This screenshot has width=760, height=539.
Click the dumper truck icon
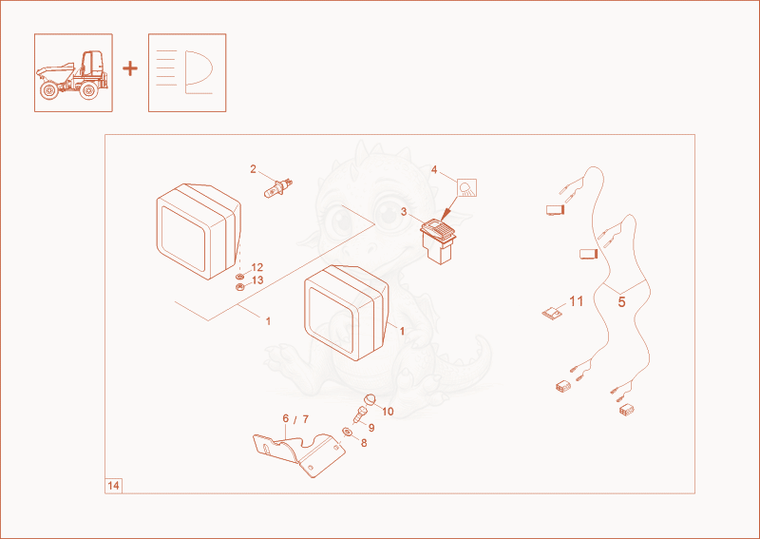[73, 73]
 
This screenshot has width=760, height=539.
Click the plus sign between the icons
[130, 68]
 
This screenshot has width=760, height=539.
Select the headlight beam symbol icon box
[187, 73]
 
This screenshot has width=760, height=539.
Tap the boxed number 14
[113, 486]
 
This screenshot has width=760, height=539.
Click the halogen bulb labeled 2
[278, 188]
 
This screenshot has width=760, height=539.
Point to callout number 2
[253, 169]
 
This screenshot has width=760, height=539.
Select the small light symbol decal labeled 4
[466, 188]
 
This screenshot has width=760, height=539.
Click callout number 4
[434, 170]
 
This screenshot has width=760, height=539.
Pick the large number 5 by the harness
[621, 302]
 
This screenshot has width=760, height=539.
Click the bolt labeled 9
[360, 415]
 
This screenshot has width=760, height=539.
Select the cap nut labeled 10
[370, 400]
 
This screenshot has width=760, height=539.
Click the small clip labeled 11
[552, 313]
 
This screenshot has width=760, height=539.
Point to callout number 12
[257, 268]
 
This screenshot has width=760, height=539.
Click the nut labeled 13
[239, 287]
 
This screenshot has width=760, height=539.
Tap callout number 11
[576, 301]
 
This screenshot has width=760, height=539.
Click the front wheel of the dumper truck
[48, 90]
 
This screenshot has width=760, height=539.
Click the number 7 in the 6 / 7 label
[305, 419]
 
